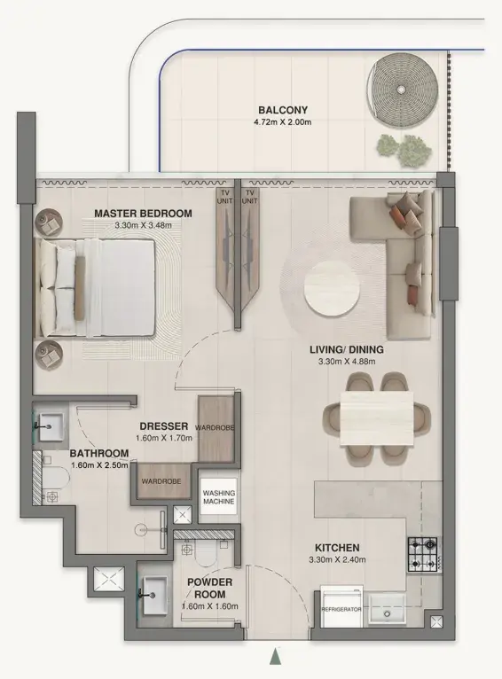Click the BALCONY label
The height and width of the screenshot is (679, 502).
[283, 110]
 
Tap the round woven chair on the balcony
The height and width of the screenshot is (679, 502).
[402, 90]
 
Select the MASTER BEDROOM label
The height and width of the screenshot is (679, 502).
[143, 214]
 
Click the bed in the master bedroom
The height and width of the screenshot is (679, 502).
[95, 287]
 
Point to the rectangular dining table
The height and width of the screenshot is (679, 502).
[376, 418]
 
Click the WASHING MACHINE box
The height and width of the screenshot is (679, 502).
[219, 496]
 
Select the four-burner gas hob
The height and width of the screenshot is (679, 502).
[423, 554]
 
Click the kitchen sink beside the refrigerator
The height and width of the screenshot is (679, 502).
[387, 610]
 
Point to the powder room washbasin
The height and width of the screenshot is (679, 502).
[154, 595]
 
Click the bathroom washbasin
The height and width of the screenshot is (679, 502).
[51, 426]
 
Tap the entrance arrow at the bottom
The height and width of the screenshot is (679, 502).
[274, 657]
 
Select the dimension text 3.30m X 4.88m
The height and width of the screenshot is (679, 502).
[347, 362]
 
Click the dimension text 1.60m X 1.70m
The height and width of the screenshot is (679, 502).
[164, 438]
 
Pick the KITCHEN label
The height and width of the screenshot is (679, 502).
[337, 548]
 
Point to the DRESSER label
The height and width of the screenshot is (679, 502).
[164, 426]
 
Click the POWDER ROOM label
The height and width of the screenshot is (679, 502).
[209, 588]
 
